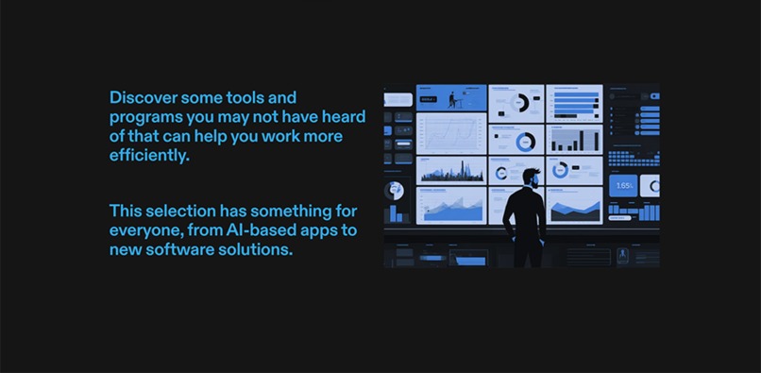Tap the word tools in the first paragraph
(245, 97)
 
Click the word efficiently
(148, 157)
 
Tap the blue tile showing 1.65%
(623, 186)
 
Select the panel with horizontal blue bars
(574, 103)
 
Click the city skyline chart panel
(451, 170)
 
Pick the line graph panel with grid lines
(451, 134)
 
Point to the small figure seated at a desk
(453, 98)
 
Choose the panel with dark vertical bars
(574, 139)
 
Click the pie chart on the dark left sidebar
(394, 190)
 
